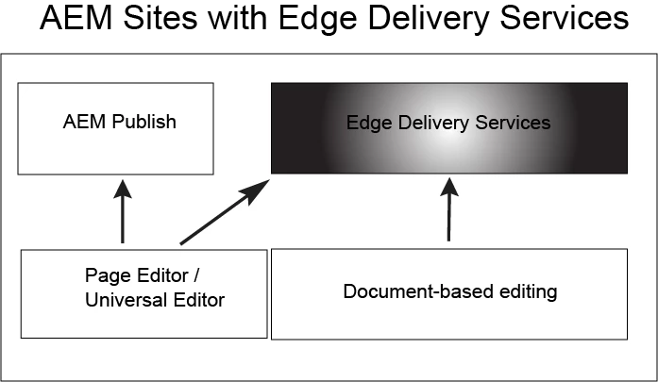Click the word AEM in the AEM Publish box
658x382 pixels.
click(x=82, y=122)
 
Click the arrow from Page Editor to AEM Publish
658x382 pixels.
click(x=122, y=216)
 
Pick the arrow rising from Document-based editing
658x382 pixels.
click(x=448, y=212)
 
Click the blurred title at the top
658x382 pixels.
click(x=329, y=18)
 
